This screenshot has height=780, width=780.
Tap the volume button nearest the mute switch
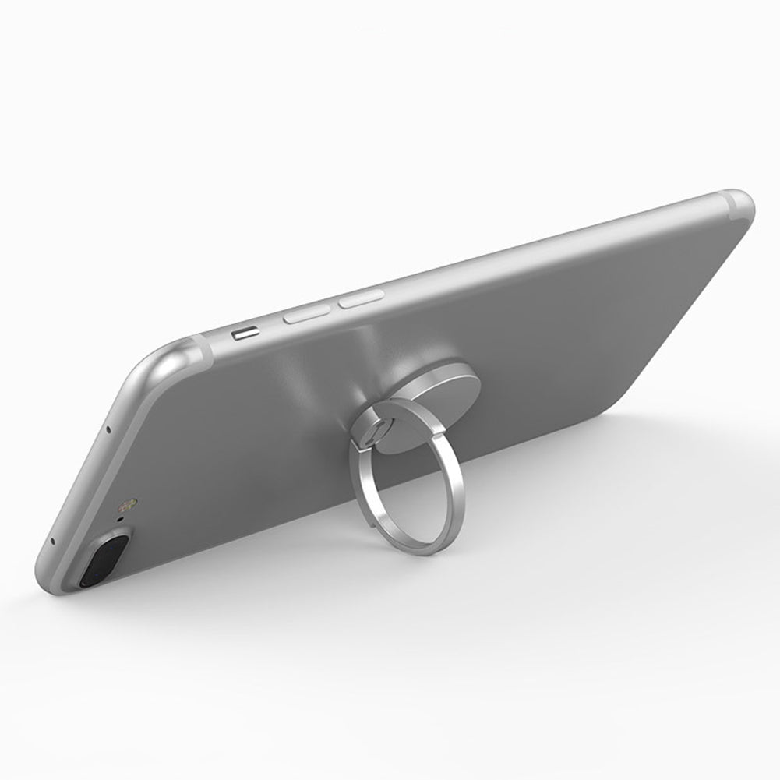coord(305,315)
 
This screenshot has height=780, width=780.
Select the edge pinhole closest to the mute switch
coord(108,429)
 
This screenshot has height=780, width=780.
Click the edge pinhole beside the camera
coord(53,541)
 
